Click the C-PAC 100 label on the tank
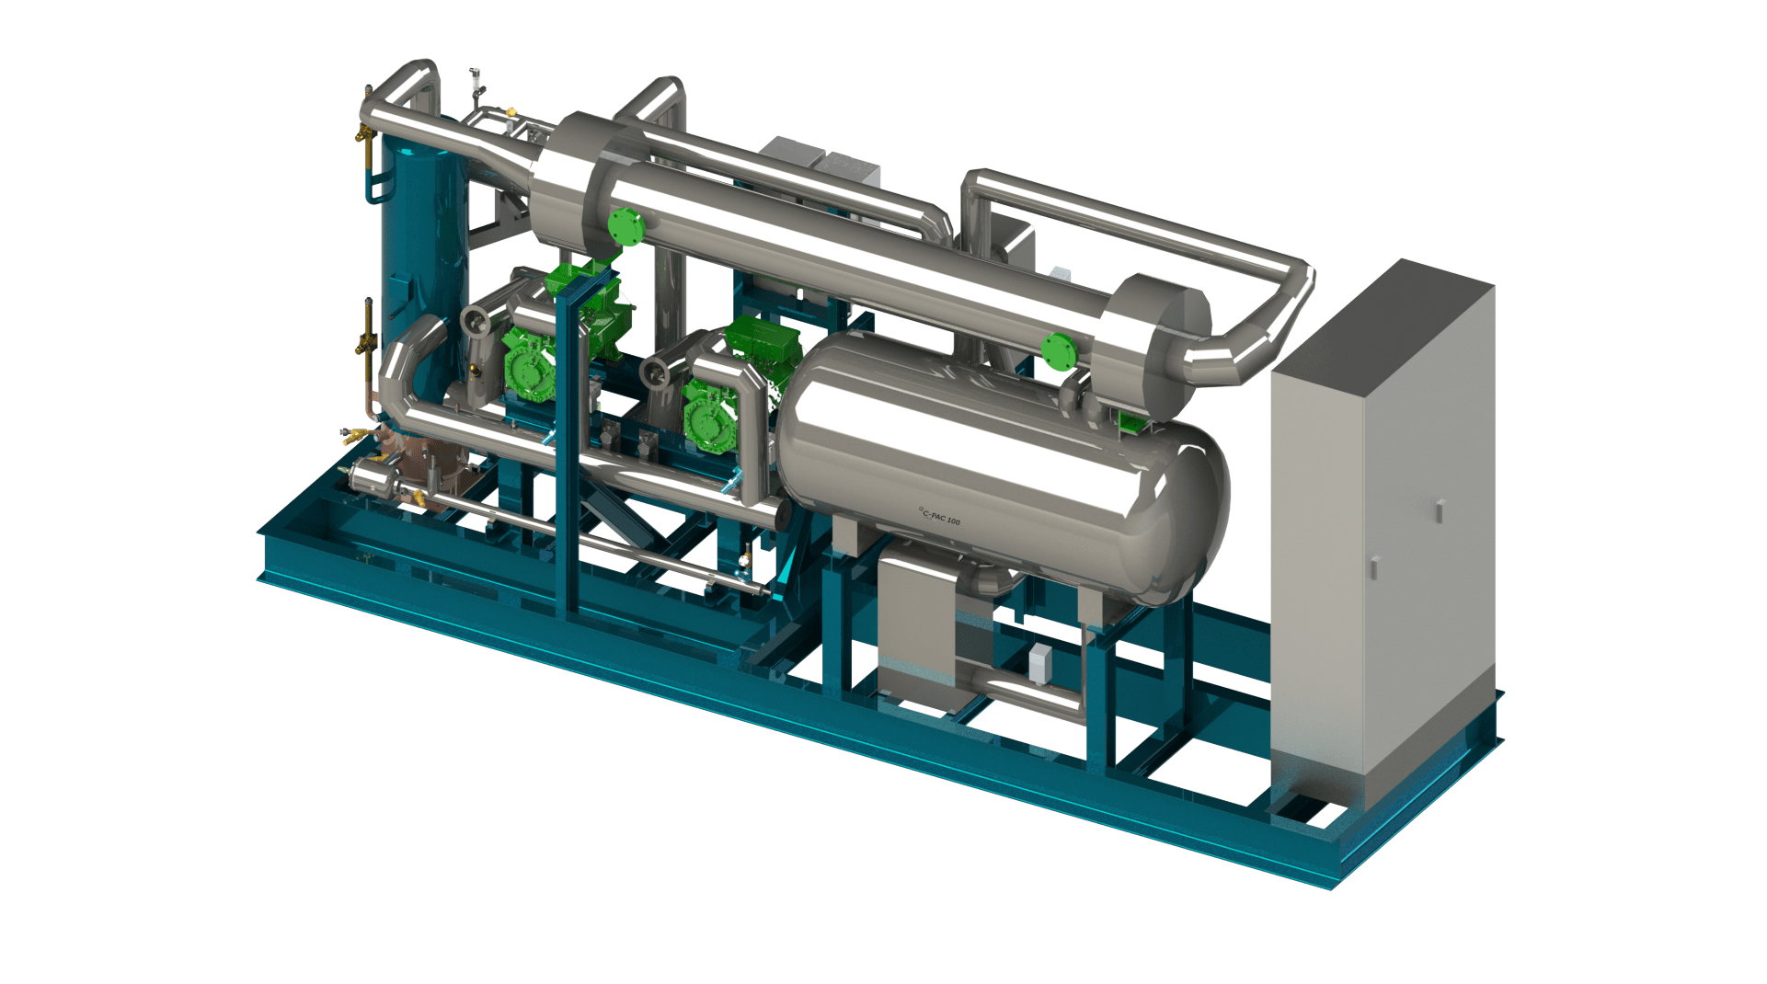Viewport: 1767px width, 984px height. (x=939, y=517)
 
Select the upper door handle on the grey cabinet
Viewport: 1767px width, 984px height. (x=1440, y=510)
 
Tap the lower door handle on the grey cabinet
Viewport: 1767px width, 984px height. (x=1374, y=568)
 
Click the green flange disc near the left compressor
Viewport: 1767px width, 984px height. (x=625, y=227)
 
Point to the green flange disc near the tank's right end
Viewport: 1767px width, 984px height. (x=1058, y=350)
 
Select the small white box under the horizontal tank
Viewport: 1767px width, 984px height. (x=1040, y=662)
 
